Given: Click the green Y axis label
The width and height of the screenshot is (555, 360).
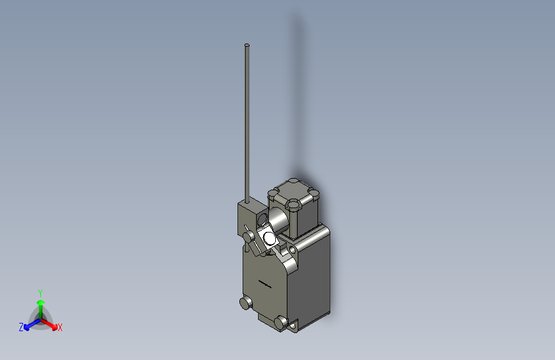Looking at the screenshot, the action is [x=40, y=293].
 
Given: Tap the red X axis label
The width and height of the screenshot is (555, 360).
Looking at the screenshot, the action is [x=60, y=327].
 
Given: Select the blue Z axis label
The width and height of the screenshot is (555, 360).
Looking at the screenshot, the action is [x=21, y=327].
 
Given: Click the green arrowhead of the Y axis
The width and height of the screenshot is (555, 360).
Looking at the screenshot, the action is [x=41, y=303].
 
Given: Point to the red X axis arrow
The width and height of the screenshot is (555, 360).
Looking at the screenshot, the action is [x=49, y=324].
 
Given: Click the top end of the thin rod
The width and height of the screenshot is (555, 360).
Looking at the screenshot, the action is [x=246, y=45].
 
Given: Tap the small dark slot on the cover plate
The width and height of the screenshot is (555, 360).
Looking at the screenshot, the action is [x=264, y=284].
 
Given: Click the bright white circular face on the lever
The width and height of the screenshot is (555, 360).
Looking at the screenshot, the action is [x=269, y=238].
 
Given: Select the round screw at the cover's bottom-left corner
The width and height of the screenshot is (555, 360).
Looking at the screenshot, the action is [x=245, y=303].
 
